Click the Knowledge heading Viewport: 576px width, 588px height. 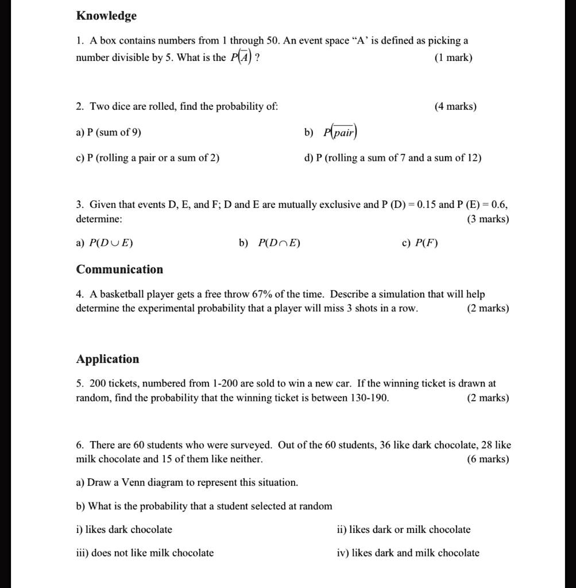click(106, 16)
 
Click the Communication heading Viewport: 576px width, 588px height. click(119, 269)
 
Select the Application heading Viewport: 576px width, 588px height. click(107, 359)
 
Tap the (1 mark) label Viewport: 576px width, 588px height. click(454, 57)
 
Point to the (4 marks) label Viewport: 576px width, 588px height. click(455, 106)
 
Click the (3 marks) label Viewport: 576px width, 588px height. click(488, 219)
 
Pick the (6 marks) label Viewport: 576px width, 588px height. click(488, 459)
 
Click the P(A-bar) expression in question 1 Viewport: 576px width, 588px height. click(241, 57)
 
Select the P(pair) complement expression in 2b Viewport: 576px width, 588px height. click(340, 133)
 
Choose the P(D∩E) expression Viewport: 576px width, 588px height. click(279, 243)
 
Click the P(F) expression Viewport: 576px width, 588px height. click(428, 243)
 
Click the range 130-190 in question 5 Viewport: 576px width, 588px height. click(369, 398)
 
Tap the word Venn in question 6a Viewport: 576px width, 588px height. click(133, 482)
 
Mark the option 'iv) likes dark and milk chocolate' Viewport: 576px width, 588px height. click(408, 553)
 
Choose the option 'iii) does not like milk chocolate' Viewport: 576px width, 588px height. click(145, 553)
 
